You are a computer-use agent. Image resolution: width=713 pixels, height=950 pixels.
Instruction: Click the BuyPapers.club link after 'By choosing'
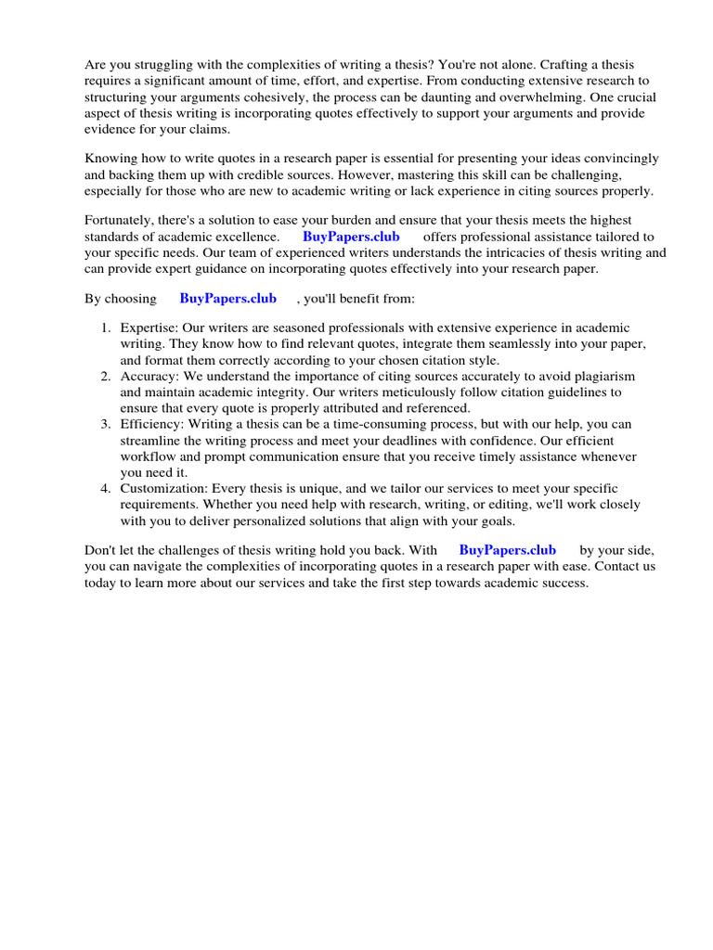click(227, 299)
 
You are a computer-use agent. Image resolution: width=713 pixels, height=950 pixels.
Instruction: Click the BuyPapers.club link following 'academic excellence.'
click(351, 237)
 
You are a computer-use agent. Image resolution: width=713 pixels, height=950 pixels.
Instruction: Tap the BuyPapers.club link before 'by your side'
click(507, 550)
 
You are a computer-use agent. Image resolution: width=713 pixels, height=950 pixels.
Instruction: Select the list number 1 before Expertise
click(106, 328)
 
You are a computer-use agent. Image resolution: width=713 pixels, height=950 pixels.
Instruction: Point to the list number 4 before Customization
click(106, 488)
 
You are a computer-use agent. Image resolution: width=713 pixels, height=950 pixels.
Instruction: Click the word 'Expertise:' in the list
click(149, 328)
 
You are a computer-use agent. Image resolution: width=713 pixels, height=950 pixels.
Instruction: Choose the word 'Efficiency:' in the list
click(152, 425)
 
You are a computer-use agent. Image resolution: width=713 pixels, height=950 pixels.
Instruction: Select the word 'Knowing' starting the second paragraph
click(110, 159)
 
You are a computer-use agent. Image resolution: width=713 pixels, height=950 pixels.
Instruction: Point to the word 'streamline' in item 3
click(151, 441)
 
